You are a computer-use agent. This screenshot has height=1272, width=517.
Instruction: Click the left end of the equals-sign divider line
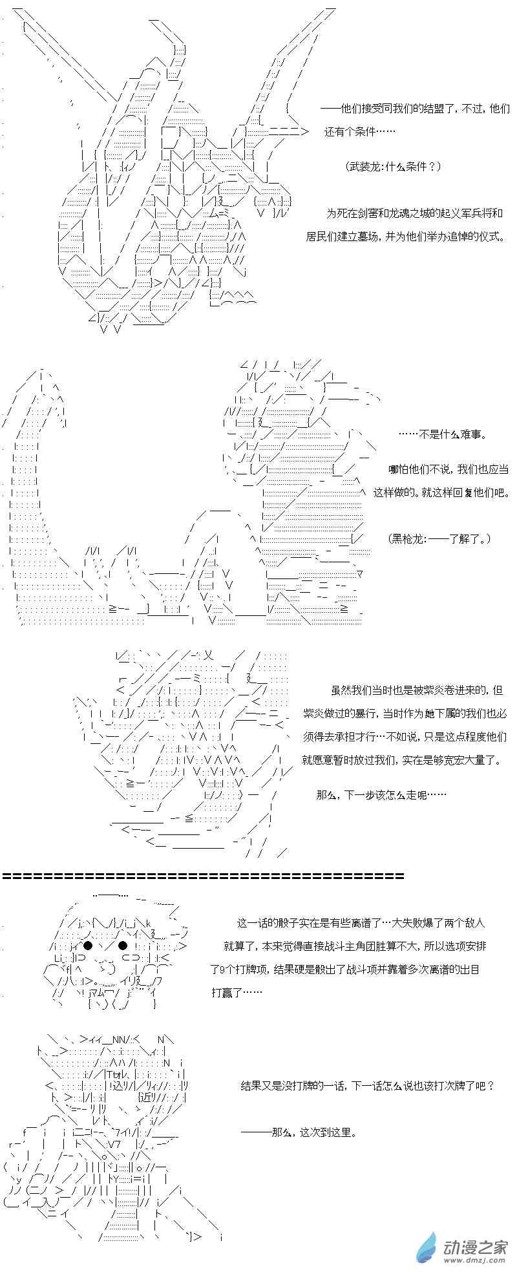[4, 876]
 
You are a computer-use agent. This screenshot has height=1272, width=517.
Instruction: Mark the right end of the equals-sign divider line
[404, 876]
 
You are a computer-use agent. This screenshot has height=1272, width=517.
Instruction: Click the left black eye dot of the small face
[88, 946]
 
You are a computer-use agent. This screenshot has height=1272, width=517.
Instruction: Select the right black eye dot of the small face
[123, 946]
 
